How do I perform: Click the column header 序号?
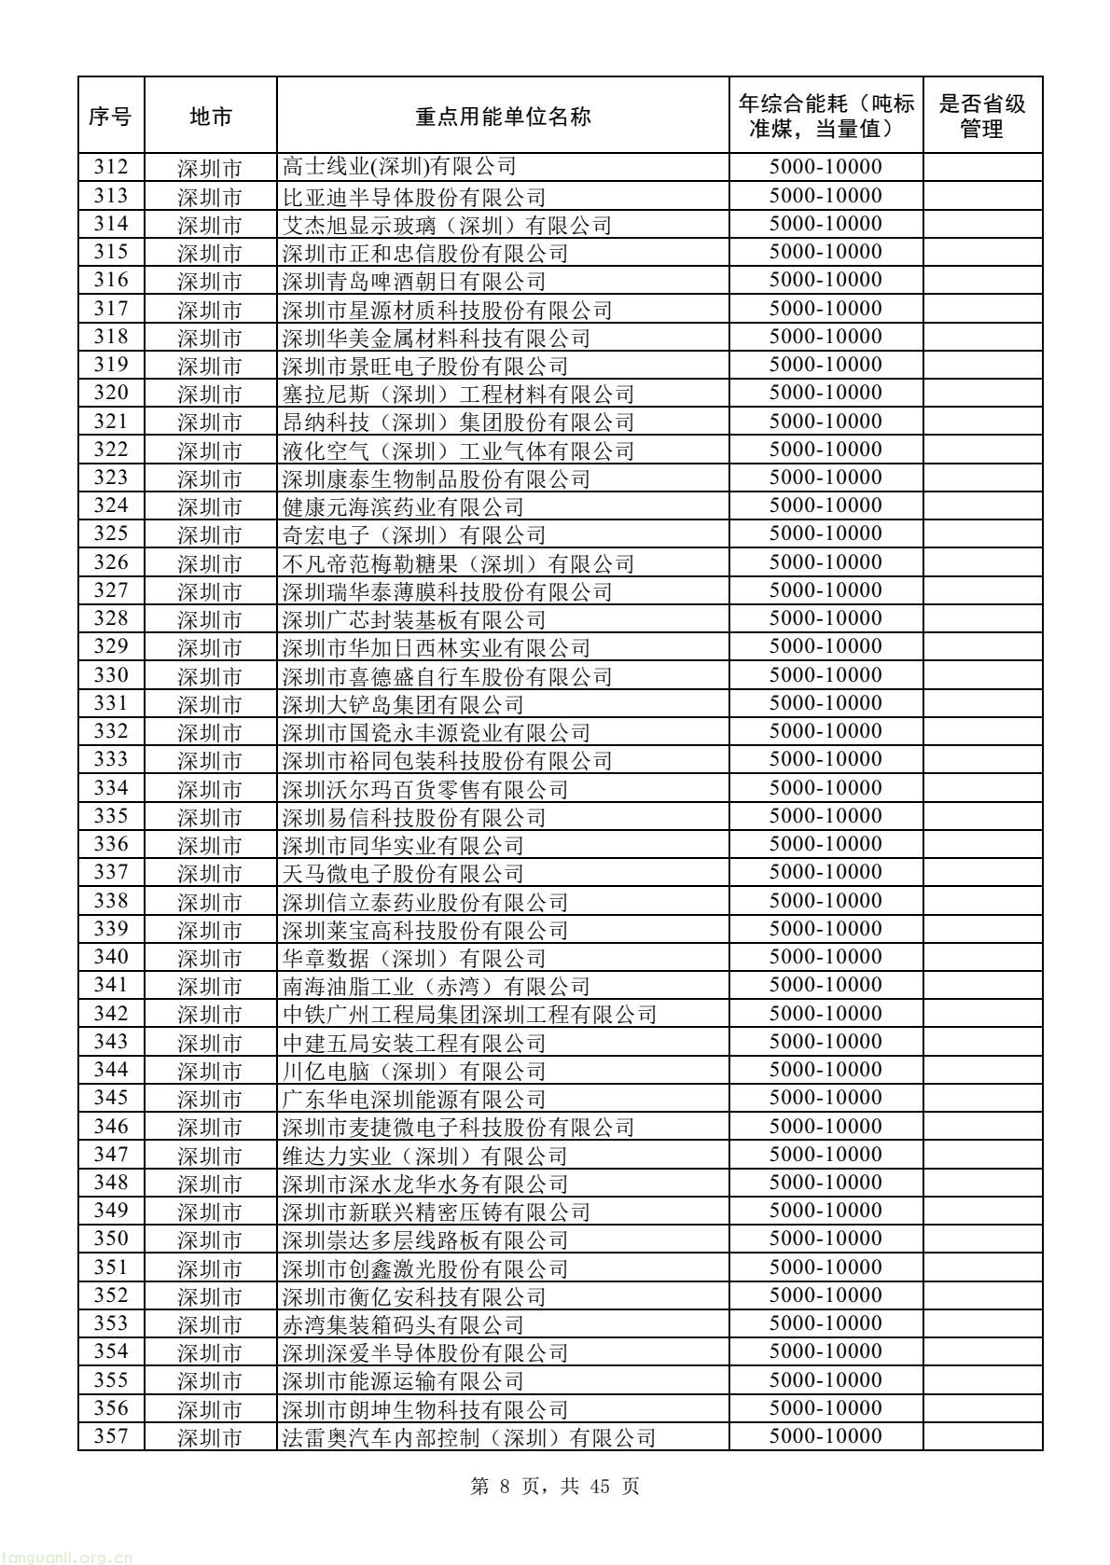pyautogui.click(x=110, y=116)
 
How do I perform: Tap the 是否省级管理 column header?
pyautogui.click(x=981, y=116)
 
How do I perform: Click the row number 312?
pyautogui.click(x=110, y=168)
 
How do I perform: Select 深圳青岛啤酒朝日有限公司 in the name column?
pyautogui.click(x=414, y=281)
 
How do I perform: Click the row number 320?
pyautogui.click(x=110, y=394)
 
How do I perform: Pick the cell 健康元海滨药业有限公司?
pyautogui.click(x=403, y=506)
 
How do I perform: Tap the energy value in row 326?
pyautogui.click(x=825, y=562)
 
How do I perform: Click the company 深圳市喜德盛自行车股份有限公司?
pyautogui.click(x=448, y=676)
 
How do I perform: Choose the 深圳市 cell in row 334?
pyautogui.click(x=210, y=789)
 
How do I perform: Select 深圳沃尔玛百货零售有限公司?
pyautogui.click(x=425, y=789)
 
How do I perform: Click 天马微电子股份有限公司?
pyautogui.click(x=403, y=874)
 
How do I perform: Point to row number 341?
pyautogui.click(x=110, y=986)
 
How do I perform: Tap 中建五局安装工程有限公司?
pyautogui.click(x=414, y=1043)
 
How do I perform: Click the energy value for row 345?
pyautogui.click(x=825, y=1099)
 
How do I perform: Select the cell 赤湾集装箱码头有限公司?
pyautogui.click(x=403, y=1324)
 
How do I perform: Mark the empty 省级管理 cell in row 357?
pyautogui.click(x=981, y=1436)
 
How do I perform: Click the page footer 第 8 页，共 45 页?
pyautogui.click(x=555, y=1487)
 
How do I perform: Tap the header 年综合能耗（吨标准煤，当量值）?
pyautogui.click(x=825, y=116)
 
